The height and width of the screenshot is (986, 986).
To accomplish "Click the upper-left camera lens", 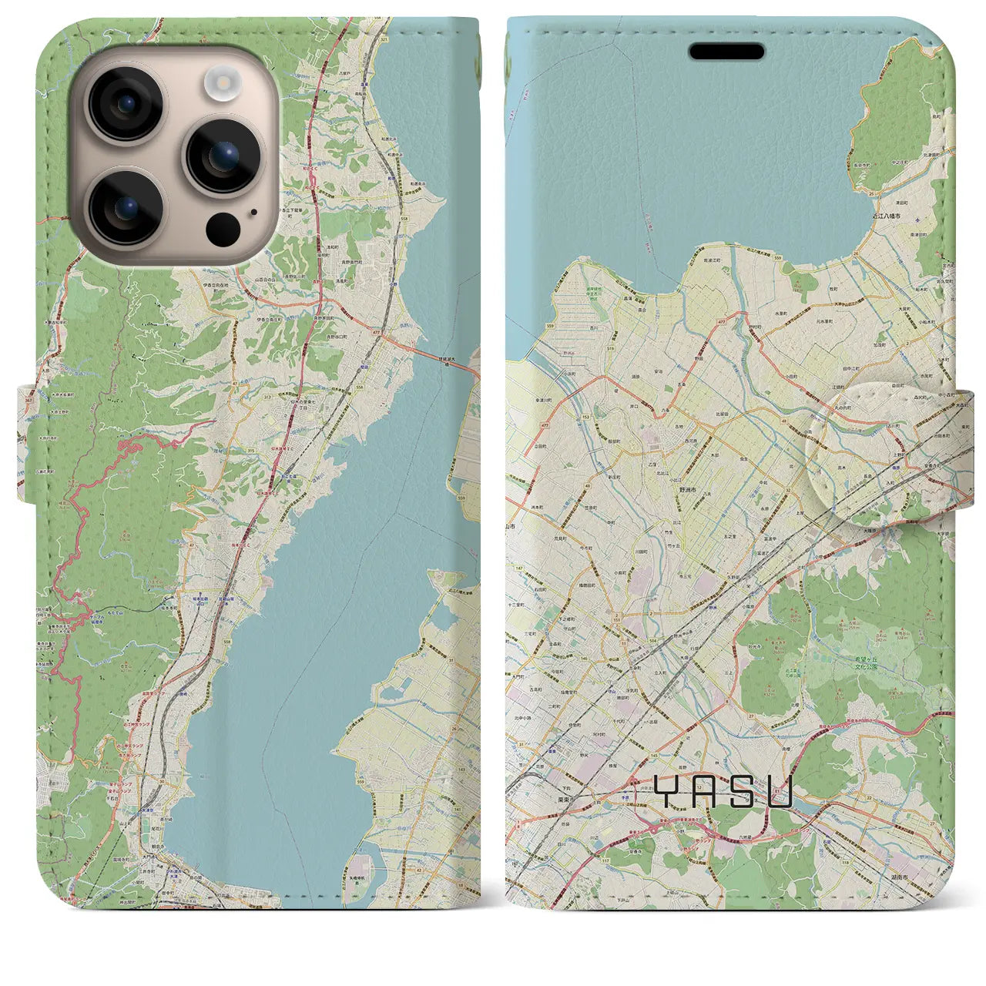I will [x=124, y=104].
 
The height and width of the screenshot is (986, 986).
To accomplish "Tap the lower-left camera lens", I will [x=124, y=206].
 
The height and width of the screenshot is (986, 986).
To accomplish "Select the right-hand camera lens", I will [x=223, y=154].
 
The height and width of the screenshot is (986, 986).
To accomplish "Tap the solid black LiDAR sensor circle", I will [x=223, y=228].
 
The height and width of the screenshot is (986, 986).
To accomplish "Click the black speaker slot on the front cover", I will [x=726, y=52].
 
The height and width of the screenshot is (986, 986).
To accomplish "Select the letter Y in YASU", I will [x=667, y=791].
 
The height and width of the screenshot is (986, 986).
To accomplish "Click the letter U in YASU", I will [x=780, y=791].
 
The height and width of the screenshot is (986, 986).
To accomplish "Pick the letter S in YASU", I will [x=743, y=791].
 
